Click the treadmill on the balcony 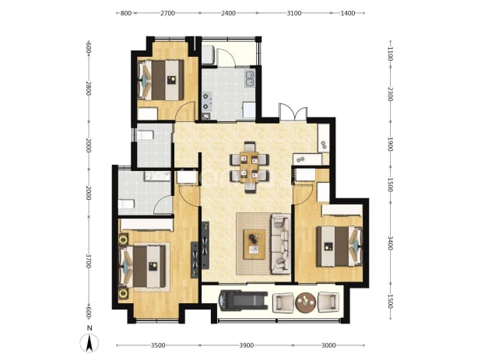coord(243,301)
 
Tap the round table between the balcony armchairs coord(306,302)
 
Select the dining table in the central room coord(249,167)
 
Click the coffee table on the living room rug coord(255,244)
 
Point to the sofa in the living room coord(281,244)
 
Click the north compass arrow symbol coord(90,343)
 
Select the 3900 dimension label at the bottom coord(246,345)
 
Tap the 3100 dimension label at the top coord(294,13)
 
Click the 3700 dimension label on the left coord(89,261)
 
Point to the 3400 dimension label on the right coord(391,243)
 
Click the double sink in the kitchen coord(250,79)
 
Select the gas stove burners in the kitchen coord(206,101)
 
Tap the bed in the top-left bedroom coord(161,80)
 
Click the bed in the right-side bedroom coord(339,246)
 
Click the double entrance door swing coord(293,112)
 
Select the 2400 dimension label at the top coord(229,13)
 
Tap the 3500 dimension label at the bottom coord(158,345)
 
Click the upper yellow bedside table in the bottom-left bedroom coord(124,239)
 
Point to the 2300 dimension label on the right coord(391,94)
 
